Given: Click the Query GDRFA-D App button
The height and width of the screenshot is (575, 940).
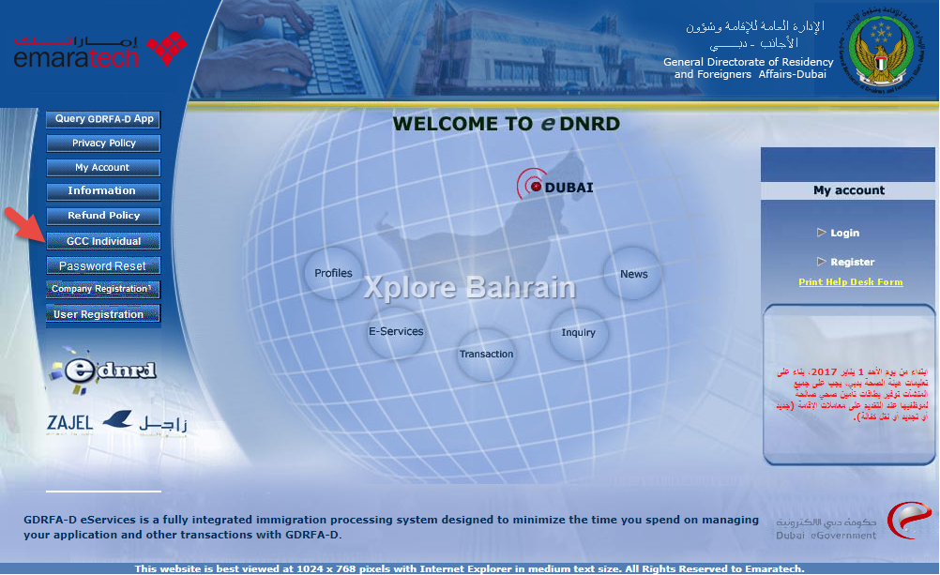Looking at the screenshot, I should (103, 119).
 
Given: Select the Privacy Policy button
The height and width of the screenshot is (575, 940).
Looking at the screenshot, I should (103, 144).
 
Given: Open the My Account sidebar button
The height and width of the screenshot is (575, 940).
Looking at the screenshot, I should (103, 168).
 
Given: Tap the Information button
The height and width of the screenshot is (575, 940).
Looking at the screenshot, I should (103, 191).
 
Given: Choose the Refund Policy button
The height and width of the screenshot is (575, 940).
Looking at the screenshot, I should (103, 216).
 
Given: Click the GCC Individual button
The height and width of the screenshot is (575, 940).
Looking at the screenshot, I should (103, 241).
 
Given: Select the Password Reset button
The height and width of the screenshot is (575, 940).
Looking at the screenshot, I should (103, 266).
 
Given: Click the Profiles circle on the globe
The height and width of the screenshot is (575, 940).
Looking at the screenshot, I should (333, 273).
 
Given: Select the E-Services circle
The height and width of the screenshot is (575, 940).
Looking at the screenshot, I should (395, 331).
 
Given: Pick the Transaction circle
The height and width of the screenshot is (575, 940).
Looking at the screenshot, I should (486, 354).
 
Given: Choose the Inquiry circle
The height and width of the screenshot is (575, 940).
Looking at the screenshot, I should (579, 332).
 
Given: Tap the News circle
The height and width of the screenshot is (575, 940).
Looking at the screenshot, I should (633, 274).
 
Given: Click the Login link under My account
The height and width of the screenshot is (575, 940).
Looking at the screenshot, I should (844, 233).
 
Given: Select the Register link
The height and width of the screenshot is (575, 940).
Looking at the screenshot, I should (852, 262).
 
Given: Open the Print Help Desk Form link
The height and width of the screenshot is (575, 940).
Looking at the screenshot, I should (850, 282).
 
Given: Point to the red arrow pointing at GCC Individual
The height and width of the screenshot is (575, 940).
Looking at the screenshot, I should (23, 224).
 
